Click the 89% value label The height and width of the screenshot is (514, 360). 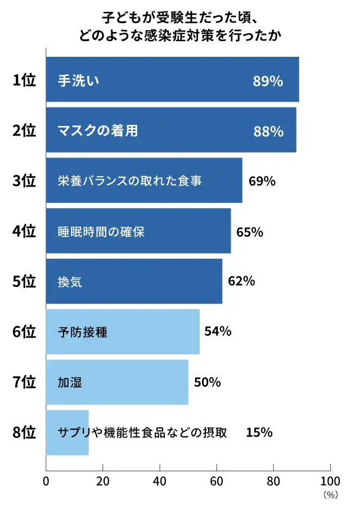(x=268, y=80)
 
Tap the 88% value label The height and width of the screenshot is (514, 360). (x=268, y=131)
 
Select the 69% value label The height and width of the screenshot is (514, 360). (x=262, y=181)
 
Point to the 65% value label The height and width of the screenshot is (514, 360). (x=250, y=232)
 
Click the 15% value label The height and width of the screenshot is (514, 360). (x=259, y=432)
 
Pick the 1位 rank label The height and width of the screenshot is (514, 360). (x=24, y=80)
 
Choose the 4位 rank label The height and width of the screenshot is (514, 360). (x=24, y=231)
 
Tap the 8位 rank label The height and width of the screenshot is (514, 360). (x=24, y=432)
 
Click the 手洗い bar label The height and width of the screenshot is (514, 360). (x=79, y=80)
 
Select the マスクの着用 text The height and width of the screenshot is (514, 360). (x=98, y=131)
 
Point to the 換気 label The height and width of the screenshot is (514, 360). (x=70, y=282)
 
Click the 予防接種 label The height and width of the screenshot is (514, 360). (x=82, y=332)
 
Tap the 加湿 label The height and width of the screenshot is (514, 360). (x=70, y=382)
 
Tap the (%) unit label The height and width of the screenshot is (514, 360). (x=330, y=495)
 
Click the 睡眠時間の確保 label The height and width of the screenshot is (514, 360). (x=101, y=232)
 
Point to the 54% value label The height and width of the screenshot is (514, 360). (x=218, y=332)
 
